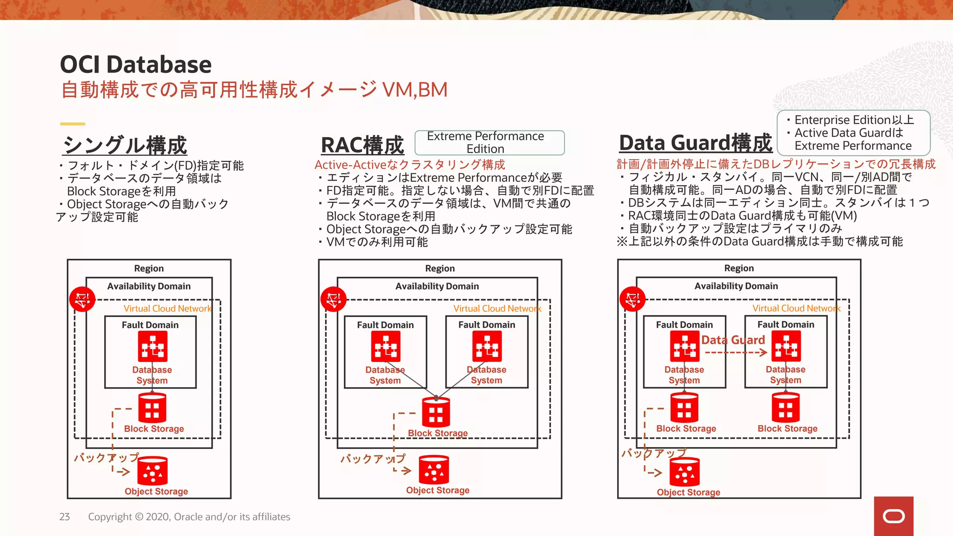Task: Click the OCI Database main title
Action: click(135, 64)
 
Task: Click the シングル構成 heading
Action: click(125, 145)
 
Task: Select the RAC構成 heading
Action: click(362, 145)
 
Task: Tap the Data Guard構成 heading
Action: click(695, 143)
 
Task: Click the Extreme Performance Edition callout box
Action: click(489, 142)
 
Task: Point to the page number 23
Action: click(64, 517)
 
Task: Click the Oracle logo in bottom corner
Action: click(893, 516)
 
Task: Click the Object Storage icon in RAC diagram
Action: click(434, 470)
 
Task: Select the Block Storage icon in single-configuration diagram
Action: click(152, 408)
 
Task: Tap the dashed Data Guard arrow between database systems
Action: click(736, 353)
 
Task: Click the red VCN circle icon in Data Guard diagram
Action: click(632, 299)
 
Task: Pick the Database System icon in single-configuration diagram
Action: click(152, 347)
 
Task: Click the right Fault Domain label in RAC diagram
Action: click(486, 325)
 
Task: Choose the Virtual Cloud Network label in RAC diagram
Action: click(497, 308)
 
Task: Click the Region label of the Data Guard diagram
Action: click(738, 268)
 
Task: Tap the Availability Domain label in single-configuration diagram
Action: click(149, 286)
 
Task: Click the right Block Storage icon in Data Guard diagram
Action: click(785, 408)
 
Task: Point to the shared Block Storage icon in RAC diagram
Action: click(436, 412)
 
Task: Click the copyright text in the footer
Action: click(189, 517)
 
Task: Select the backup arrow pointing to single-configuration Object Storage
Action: click(122, 472)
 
